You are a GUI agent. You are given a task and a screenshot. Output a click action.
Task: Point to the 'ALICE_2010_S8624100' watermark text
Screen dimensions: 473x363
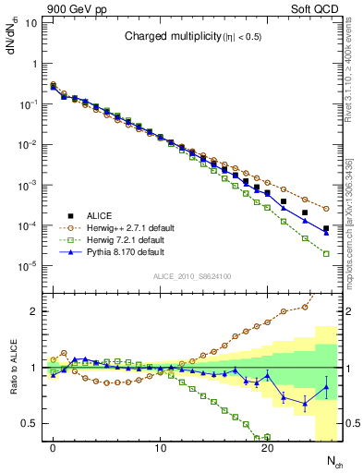(192, 276)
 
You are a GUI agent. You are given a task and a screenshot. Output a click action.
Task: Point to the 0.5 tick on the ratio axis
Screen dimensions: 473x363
(30, 424)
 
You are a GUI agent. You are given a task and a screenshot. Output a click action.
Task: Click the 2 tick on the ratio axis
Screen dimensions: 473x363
(33, 311)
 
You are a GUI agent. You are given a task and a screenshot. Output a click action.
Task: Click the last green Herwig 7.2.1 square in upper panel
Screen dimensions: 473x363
(326, 253)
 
